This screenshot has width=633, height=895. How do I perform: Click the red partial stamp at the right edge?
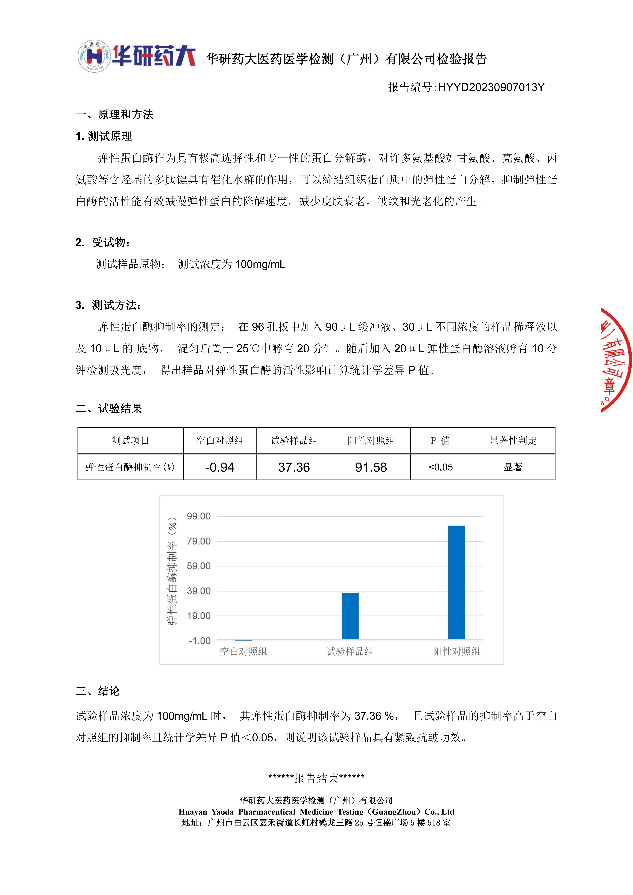coord(616,361)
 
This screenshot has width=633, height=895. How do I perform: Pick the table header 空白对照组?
coord(220,440)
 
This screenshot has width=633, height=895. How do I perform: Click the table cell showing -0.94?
coord(220,467)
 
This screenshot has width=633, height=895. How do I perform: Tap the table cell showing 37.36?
coord(294,467)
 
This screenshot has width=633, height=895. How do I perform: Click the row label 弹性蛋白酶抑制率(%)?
coord(130,467)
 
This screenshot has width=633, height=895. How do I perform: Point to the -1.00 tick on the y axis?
coord(200,641)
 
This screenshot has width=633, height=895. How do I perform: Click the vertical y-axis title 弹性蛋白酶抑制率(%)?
coord(172,571)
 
